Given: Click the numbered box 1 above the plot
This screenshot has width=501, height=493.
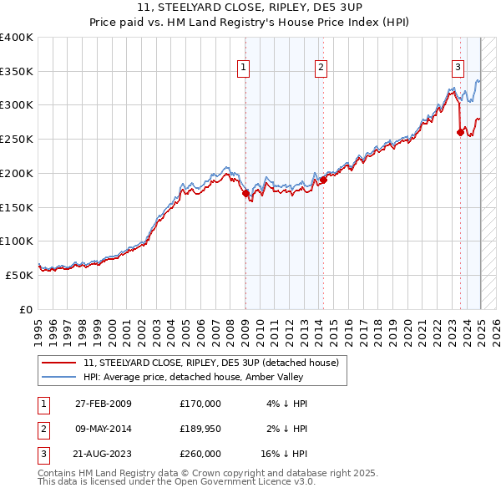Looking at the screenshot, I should point(244,69).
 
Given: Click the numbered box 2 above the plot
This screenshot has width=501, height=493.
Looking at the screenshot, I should point(321,69).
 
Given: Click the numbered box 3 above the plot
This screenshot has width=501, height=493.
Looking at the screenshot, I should point(458,69).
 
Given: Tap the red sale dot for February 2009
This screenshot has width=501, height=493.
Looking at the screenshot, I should point(245,194).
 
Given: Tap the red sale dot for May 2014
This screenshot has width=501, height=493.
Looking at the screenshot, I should point(323,180).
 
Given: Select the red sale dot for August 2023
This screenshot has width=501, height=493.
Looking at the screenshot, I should point(460,132).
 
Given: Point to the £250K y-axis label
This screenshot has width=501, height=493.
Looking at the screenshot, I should point(17,140).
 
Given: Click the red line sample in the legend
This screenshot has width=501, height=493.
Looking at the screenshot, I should point(60,363).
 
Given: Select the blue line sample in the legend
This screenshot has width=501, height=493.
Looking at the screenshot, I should point(60,377).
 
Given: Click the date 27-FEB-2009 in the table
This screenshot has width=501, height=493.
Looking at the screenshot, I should point(104,404).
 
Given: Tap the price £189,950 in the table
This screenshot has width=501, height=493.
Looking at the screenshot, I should point(200,429).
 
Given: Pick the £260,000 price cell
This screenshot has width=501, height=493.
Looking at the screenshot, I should point(200,454).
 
